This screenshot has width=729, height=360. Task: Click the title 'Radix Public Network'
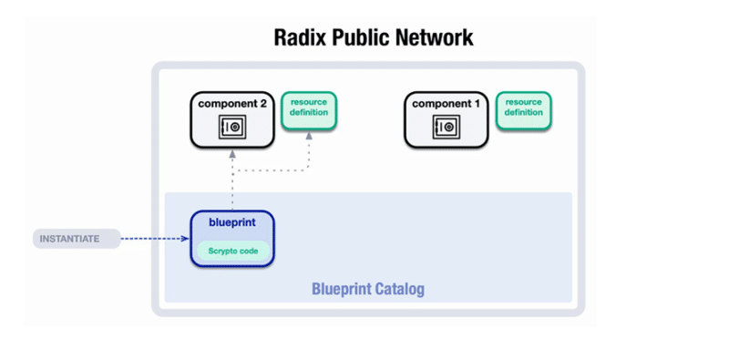(374, 38)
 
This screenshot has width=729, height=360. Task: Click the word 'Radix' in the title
(303, 38)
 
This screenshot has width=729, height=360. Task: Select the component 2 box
(232, 118)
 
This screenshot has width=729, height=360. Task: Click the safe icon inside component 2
(232, 129)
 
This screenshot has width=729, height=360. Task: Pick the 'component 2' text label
(232, 104)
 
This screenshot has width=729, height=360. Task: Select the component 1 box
(446, 118)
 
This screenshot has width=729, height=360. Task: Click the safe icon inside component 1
(446, 129)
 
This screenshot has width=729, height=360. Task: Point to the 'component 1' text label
(446, 104)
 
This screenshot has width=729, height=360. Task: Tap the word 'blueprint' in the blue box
(231, 221)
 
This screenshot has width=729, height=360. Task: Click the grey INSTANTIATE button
(77, 240)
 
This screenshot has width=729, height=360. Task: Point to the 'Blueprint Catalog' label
(367, 289)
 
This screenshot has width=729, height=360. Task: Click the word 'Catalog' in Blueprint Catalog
(400, 289)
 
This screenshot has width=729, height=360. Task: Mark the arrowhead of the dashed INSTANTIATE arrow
(186, 240)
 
